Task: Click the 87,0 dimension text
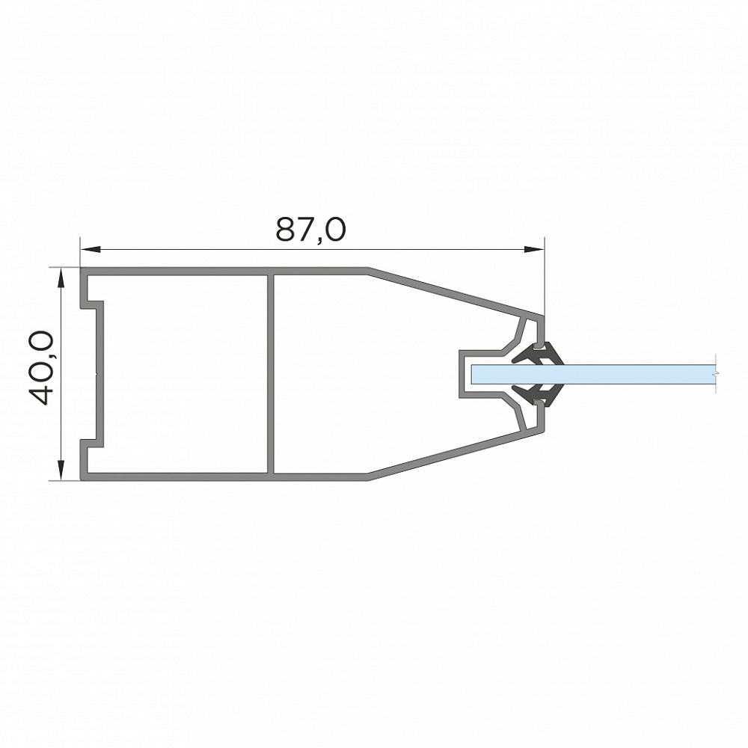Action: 310,230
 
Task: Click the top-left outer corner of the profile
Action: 82,269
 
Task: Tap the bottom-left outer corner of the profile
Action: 82,479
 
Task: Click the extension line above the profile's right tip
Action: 545,277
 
